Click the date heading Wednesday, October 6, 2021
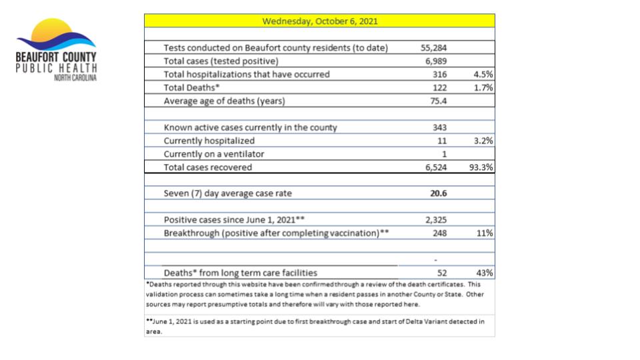320,21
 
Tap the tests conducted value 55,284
433,48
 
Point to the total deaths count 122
439,87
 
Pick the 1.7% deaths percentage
482,87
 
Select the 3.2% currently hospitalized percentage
482,141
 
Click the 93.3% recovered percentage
480,167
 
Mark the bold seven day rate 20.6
438,193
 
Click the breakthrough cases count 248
439,233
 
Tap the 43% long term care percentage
484,273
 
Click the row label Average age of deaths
224,101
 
